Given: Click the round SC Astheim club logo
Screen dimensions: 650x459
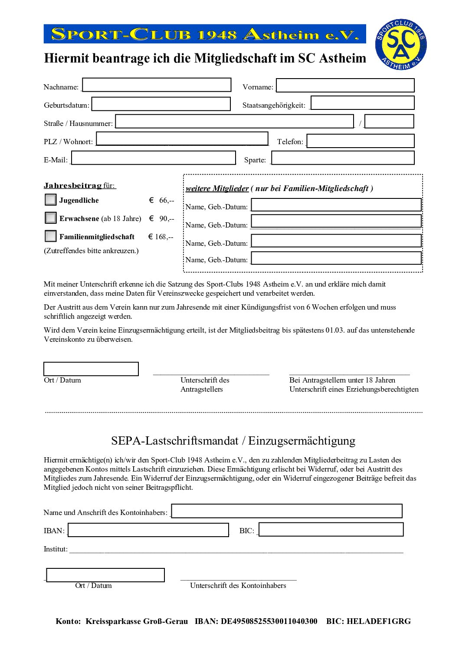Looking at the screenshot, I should [x=400, y=45].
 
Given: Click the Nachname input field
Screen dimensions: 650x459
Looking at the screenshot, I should [x=157, y=85].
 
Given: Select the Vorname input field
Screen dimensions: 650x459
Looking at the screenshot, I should [x=345, y=85].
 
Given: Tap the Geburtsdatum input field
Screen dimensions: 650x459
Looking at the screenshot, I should [x=161, y=104].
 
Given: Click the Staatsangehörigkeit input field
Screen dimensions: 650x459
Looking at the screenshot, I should [x=363, y=103].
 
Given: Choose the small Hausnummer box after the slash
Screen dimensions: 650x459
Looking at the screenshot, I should [x=389, y=121].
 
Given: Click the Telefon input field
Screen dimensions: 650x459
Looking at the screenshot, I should [x=361, y=141].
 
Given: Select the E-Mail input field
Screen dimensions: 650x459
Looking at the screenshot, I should [x=154, y=158].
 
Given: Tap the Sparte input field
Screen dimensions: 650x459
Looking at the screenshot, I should [x=343, y=158].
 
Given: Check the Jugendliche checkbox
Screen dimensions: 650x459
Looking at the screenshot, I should [x=51, y=199].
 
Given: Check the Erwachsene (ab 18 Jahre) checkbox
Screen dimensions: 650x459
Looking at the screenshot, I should [x=51, y=218].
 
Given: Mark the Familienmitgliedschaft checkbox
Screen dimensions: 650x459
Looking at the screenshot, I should [x=51, y=236].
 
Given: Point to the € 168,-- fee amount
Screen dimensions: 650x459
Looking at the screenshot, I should [x=161, y=237].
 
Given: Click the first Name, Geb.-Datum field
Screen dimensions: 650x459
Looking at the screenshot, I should [x=336, y=205].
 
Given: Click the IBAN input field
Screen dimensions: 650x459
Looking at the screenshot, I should [x=148, y=530].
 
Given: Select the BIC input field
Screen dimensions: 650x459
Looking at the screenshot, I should [x=331, y=529].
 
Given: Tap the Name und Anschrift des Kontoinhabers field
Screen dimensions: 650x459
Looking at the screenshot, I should [x=287, y=511].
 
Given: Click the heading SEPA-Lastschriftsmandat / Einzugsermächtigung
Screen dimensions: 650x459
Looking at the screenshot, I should [x=233, y=441].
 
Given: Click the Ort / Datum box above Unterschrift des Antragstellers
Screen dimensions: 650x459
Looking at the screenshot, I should [x=91, y=369].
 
